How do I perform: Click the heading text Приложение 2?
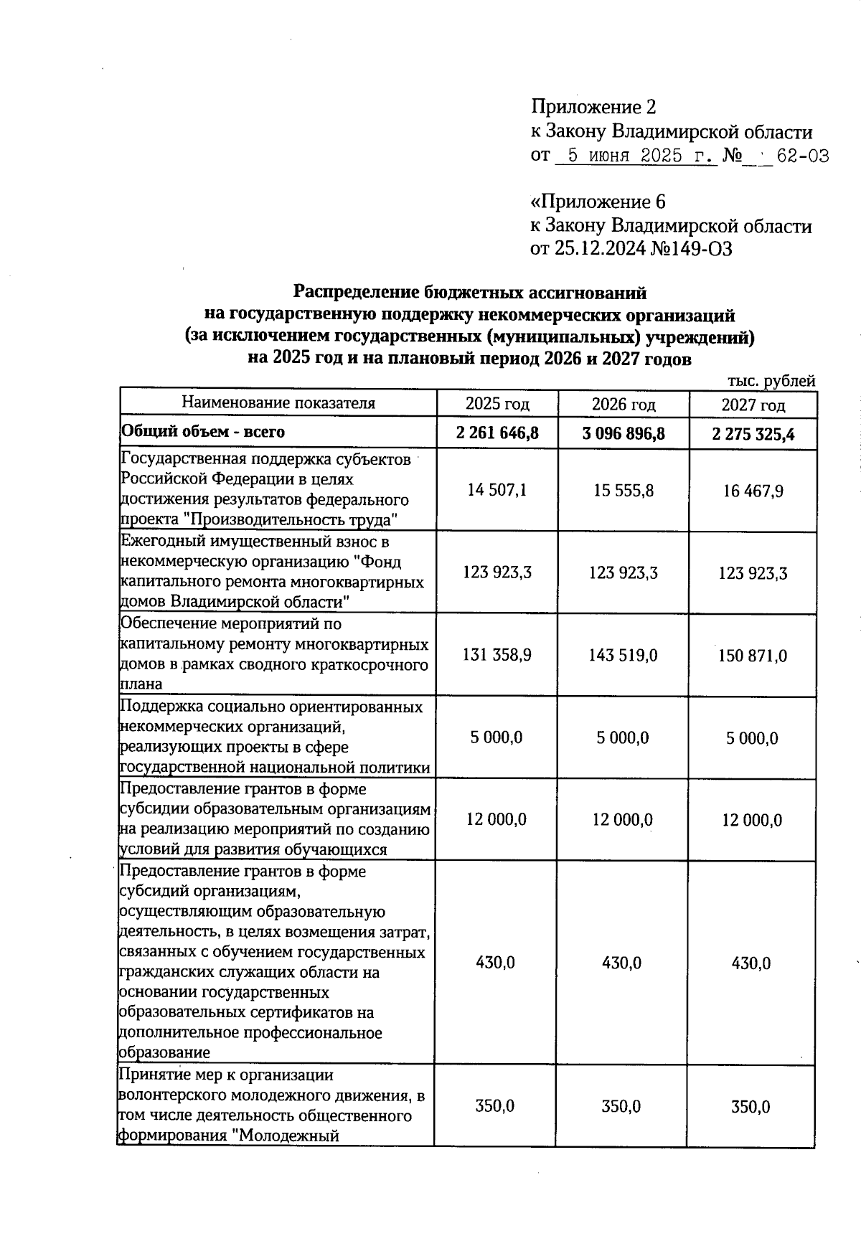tap(593, 108)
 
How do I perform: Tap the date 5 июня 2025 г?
tap(636, 156)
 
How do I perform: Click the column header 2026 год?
tap(624, 405)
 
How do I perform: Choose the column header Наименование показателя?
tap(278, 402)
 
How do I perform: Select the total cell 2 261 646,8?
tap(497, 433)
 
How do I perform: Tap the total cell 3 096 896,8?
tap(624, 433)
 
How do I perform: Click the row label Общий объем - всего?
tap(203, 432)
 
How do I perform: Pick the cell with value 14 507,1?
tap(497, 491)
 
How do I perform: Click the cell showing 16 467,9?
tap(753, 491)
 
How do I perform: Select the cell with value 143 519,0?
tap(623, 656)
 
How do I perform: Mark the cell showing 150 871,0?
tap(753, 656)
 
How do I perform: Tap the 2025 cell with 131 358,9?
tap(497, 655)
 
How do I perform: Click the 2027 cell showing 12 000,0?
tap(752, 820)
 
